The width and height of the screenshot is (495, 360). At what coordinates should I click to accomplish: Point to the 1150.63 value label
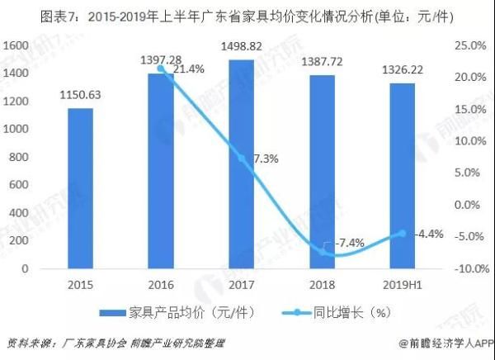[80, 94]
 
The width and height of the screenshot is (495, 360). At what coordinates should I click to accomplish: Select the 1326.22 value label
[402, 69]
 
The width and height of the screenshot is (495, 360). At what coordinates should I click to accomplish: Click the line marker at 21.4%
[161, 68]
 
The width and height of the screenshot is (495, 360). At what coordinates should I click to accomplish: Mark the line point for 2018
[322, 253]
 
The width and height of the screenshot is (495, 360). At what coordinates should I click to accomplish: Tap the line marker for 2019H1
[402, 233]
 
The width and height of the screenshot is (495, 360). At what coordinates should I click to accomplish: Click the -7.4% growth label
[349, 243]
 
